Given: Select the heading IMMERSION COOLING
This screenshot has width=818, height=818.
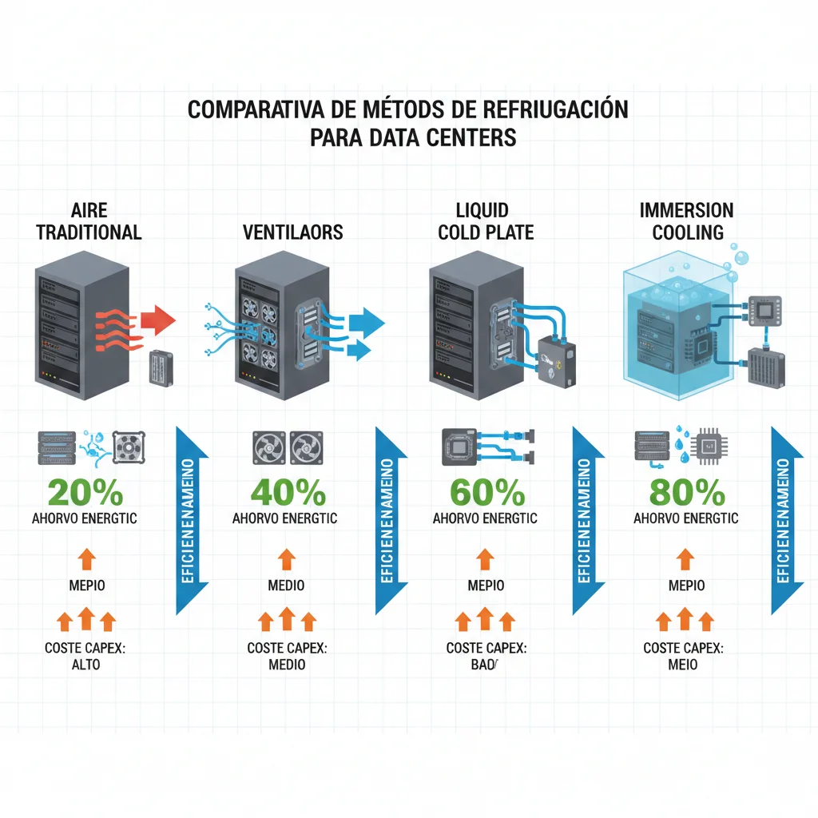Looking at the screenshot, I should coord(686,221).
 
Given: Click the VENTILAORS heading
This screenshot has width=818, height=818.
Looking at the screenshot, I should coord(293,232).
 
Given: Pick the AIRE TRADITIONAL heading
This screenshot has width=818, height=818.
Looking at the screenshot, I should coord(89,221).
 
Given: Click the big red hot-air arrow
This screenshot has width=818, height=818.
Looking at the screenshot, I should coord(157,320).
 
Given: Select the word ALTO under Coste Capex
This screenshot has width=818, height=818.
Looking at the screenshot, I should coord(86,664).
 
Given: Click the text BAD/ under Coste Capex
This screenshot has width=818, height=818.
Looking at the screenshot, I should coord(484,664).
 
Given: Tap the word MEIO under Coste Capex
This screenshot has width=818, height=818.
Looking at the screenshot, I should coord(683,664).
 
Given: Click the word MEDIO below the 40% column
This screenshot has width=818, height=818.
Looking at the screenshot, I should coord(287,586).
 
